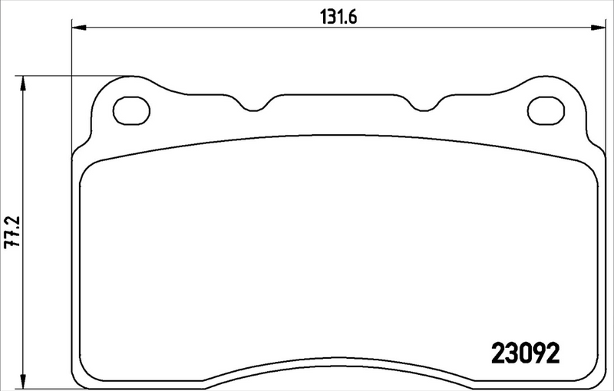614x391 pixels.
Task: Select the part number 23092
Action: coord(525,353)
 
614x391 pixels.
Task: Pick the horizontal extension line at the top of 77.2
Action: coord(77,76)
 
